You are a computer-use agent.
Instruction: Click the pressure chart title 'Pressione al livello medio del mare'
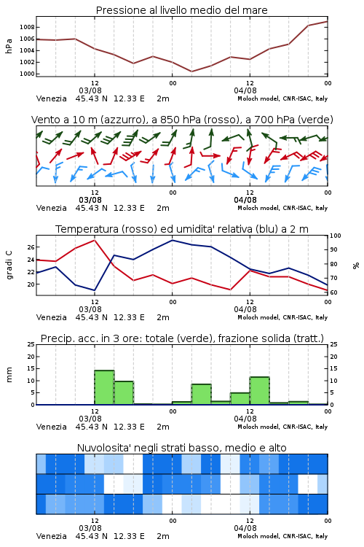pyautogui.click(x=181, y=10)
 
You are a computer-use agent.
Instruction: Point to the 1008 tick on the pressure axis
pyautogui.click(x=27, y=27)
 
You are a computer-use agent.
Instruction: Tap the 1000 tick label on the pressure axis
pyautogui.click(x=27, y=74)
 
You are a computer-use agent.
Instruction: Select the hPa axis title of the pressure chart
pyautogui.click(x=9, y=46)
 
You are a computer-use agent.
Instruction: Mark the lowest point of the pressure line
pyautogui.click(x=191, y=71)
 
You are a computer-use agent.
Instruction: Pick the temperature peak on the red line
pyautogui.click(x=95, y=240)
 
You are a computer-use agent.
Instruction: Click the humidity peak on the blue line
pyautogui.click(x=172, y=240)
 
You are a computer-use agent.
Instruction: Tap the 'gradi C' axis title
pyautogui.click(x=9, y=265)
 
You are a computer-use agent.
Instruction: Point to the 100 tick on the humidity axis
pyautogui.click(x=336, y=236)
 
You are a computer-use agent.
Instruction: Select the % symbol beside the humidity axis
pyautogui.click(x=356, y=265)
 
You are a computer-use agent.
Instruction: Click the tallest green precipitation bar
pyautogui.click(x=104, y=387)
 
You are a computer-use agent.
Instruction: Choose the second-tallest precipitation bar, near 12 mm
pyautogui.click(x=259, y=391)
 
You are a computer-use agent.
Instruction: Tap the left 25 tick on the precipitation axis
pyautogui.click(x=31, y=344)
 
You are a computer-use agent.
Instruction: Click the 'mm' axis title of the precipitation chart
pyautogui.click(x=9, y=375)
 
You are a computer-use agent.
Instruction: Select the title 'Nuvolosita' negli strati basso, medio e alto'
pyautogui.click(x=181, y=448)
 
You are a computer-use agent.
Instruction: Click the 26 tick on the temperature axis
pyautogui.click(x=31, y=247)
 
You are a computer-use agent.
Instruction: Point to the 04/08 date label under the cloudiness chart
pyautogui.click(x=245, y=528)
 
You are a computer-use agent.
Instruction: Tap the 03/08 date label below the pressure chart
pyautogui.click(x=90, y=90)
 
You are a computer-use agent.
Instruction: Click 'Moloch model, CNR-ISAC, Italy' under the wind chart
pyautogui.click(x=282, y=208)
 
